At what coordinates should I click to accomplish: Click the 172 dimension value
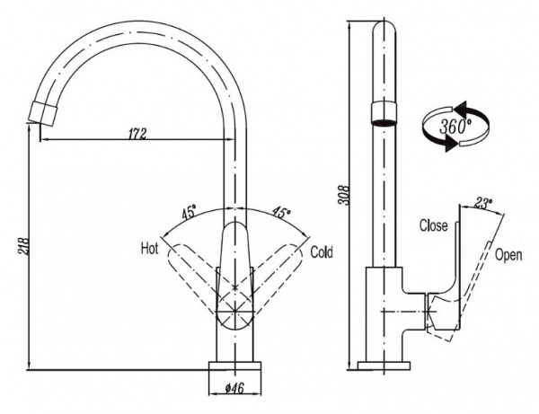click(137, 134)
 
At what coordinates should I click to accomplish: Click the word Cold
click(322, 253)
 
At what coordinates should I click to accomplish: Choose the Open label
click(508, 255)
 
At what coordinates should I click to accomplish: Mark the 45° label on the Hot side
click(190, 214)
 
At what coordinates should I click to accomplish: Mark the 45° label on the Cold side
click(281, 214)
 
